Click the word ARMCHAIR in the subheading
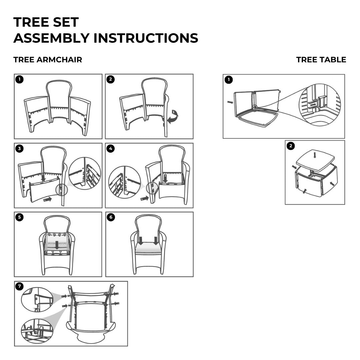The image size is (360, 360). (59, 60)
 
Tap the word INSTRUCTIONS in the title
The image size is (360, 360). (146, 38)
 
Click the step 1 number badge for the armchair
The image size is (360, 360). (20, 79)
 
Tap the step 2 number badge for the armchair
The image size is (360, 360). (111, 79)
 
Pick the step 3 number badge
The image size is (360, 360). (20, 149)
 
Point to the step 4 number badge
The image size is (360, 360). (111, 149)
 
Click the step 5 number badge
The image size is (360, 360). (20, 217)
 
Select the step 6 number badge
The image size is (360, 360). (111, 217)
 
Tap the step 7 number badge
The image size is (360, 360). (20, 286)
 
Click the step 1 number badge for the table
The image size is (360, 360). (228, 80)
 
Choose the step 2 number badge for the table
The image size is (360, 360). (291, 146)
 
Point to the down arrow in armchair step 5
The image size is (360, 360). (57, 245)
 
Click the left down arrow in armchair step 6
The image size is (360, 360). (140, 240)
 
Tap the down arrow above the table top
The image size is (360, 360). (315, 155)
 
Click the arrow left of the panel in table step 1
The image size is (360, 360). (230, 102)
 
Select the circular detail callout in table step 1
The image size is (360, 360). (320, 105)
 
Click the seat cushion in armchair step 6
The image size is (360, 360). (148, 249)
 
